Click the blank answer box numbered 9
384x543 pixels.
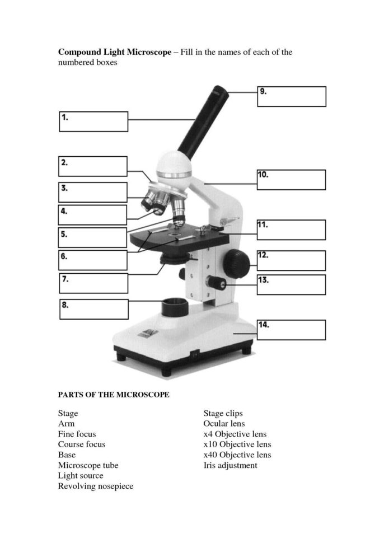click(291, 96)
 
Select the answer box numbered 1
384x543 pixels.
click(93, 121)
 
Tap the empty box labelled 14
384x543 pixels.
click(291, 330)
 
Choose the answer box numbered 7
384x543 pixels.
click(93, 283)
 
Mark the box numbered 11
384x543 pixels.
click(291, 230)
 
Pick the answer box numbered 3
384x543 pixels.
click(93, 192)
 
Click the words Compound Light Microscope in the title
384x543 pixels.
click(114, 52)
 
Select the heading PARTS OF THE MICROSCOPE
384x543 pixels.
click(114, 395)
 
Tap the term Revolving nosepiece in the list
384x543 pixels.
click(96, 486)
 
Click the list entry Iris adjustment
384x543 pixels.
click(230, 465)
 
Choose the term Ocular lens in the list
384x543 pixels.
click(224, 424)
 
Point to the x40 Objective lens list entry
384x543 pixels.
click(237, 455)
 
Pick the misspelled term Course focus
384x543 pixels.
click(82, 444)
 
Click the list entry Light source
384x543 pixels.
click(81, 476)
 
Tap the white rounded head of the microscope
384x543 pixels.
click(174, 164)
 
